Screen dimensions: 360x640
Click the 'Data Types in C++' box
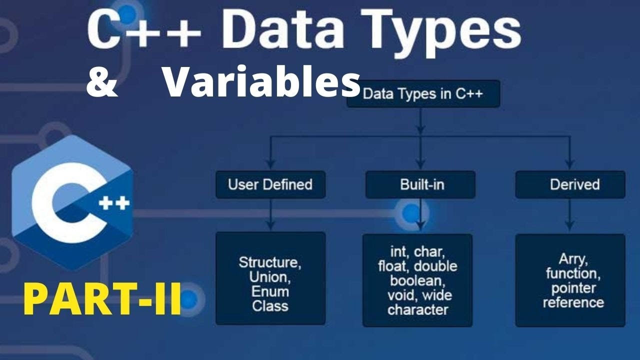coord(423,94)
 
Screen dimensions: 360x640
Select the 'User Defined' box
coord(270,184)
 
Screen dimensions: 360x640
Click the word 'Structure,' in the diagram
coord(270,262)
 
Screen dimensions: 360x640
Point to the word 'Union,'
coord(270,277)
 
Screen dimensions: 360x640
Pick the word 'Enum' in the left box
coord(270,291)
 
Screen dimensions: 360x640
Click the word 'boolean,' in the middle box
coord(417,280)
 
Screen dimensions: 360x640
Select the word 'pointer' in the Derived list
coord(573,288)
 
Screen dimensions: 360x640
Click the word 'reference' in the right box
coord(573,302)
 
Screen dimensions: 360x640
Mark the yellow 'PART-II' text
coord(102,298)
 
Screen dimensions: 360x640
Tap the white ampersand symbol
coord(102,83)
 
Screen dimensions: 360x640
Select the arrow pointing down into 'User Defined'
coord(270,161)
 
